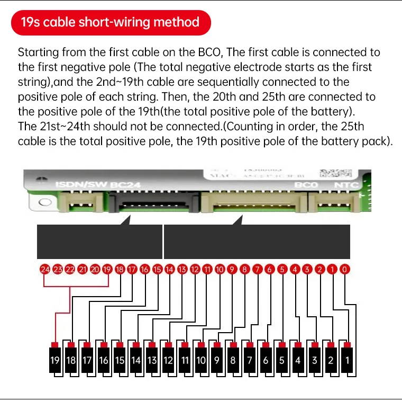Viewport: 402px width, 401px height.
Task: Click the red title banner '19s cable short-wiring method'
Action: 110,22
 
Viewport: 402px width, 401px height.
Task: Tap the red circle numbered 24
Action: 45,269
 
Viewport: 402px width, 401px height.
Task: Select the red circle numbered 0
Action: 345,269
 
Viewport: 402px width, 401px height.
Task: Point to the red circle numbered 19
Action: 107,269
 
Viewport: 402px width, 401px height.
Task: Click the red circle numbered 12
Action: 195,269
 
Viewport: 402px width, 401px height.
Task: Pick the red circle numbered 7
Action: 257,269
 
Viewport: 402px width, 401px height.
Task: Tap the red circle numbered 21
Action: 83,269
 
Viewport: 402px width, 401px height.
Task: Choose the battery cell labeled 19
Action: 54,360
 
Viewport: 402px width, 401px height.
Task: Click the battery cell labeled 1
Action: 347,360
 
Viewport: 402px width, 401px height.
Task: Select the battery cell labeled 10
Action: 200,360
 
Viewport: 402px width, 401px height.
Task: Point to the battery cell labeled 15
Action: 120,360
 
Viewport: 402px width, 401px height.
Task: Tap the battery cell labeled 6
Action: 266,360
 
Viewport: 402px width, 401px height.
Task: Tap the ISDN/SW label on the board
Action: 81,186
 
